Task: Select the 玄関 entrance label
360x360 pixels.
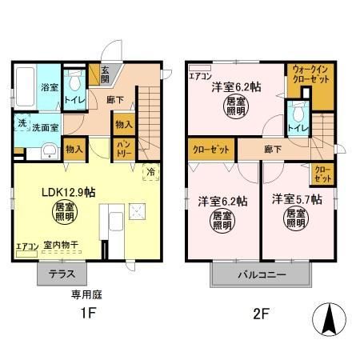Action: (x=106, y=73)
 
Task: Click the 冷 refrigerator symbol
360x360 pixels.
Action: (x=150, y=170)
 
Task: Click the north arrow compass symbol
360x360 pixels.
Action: (x=328, y=321)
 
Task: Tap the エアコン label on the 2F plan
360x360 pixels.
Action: (x=198, y=77)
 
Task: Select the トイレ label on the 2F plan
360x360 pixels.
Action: (x=299, y=126)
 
